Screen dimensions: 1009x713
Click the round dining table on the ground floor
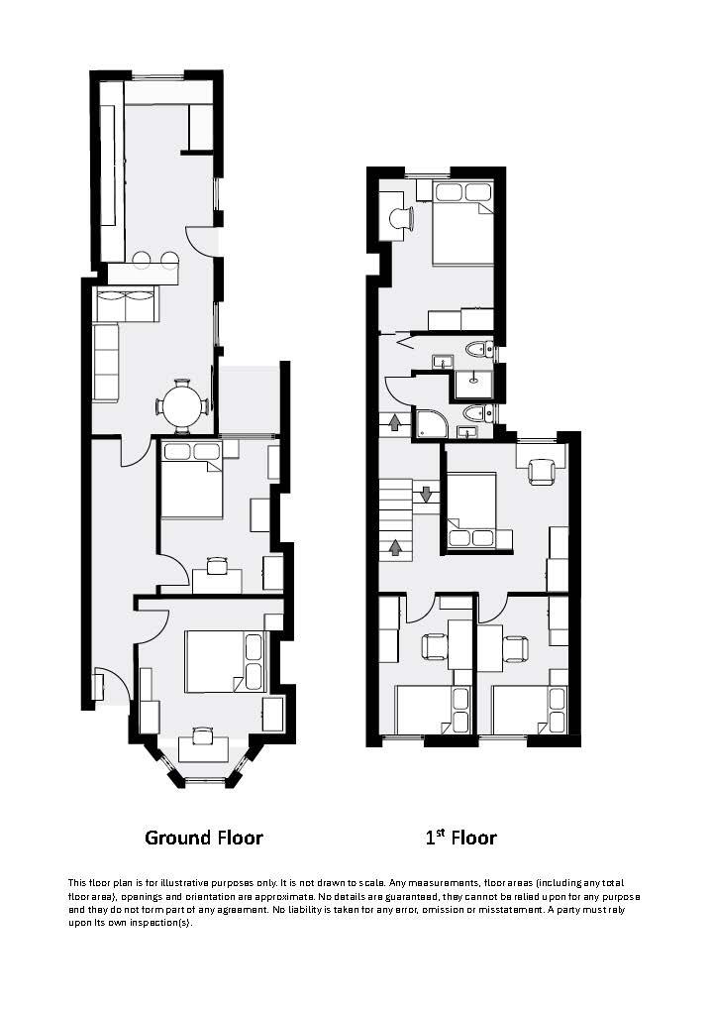coord(182,405)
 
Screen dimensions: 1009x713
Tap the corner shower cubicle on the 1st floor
coord(430,424)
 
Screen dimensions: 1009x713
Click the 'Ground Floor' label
coord(204,838)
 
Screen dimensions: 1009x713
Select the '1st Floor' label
coord(460,838)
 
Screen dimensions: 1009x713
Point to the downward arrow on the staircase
coord(426,493)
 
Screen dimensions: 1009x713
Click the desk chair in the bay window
coord(203,734)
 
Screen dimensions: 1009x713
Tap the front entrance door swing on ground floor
coord(113,685)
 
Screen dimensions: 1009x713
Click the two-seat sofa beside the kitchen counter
coord(125,304)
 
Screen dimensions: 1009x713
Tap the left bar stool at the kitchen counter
coord(143,261)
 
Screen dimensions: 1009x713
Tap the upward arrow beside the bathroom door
coord(394,423)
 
